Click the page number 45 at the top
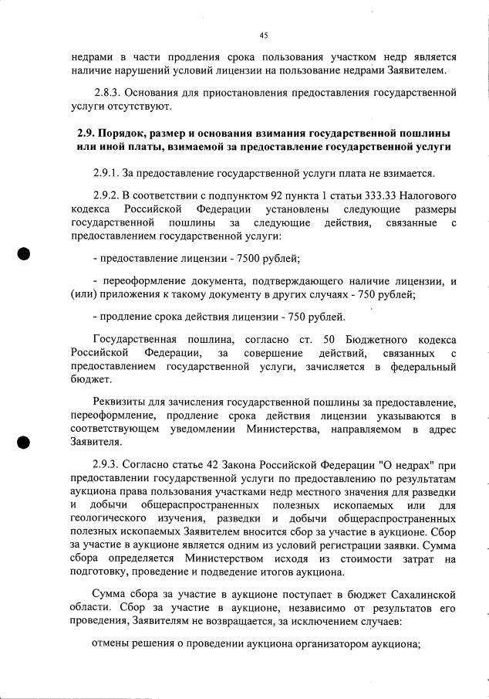point(263,35)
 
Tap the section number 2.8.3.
point(108,92)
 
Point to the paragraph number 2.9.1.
point(106,172)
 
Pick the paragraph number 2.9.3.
point(106,467)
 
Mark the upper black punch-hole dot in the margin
point(24,256)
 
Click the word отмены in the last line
point(111,643)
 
